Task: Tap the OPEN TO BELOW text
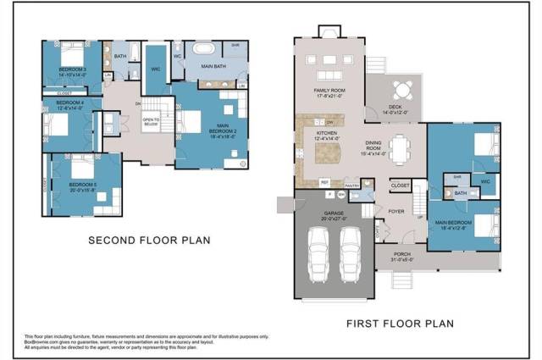coord(152,121)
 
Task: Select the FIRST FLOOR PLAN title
coord(400,323)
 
